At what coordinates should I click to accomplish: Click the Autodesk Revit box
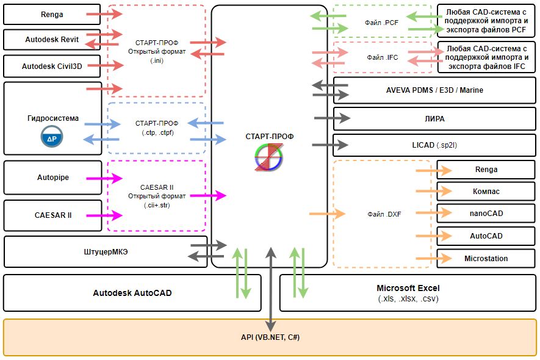click(52, 39)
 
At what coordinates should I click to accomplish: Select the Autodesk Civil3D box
click(52, 66)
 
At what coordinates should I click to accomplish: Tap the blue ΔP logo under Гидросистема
click(52, 140)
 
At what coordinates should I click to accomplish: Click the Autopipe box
click(52, 178)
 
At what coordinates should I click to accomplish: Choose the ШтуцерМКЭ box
click(104, 251)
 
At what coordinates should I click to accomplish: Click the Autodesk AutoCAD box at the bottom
click(132, 293)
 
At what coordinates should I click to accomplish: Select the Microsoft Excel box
click(408, 293)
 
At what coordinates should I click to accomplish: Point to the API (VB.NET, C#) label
click(270, 337)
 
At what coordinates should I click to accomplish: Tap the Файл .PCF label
click(382, 23)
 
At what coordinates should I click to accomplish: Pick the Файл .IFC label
click(383, 57)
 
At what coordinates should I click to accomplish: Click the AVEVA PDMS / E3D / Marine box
click(434, 90)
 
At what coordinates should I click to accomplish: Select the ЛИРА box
click(434, 118)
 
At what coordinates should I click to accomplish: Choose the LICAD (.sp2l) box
click(434, 145)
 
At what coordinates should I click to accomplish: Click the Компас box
click(486, 192)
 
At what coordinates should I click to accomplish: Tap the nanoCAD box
click(486, 213)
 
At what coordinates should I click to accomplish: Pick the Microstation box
click(486, 258)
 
